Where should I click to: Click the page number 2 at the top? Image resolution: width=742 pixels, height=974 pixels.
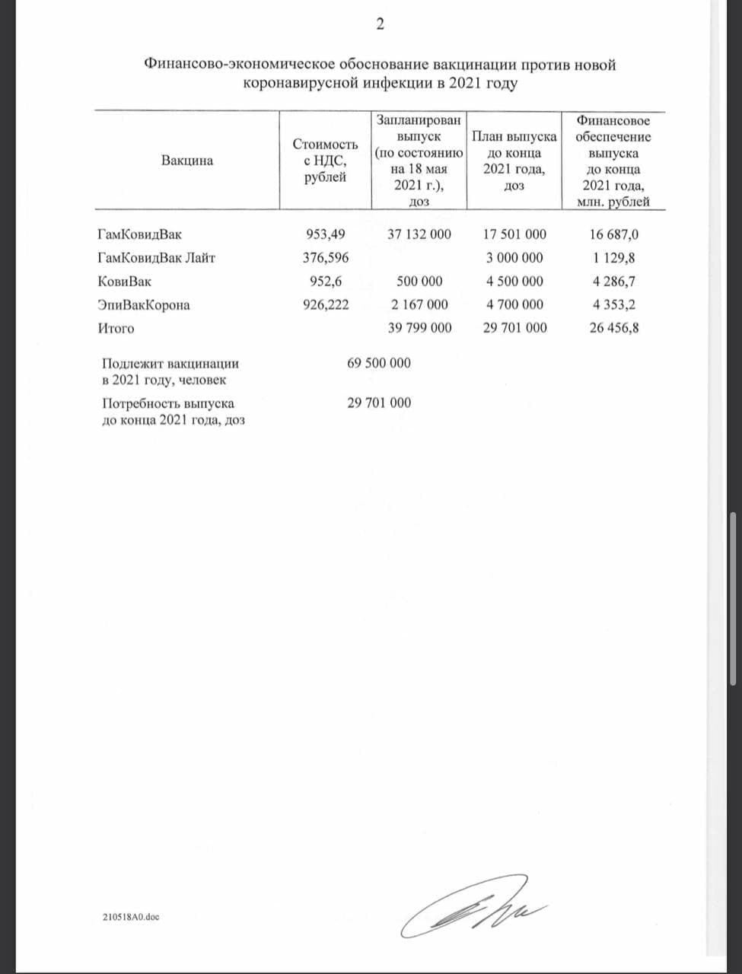(381, 24)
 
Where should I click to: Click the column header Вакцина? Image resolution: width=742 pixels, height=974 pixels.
(187, 161)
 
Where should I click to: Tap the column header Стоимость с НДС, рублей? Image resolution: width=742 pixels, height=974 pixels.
(325, 161)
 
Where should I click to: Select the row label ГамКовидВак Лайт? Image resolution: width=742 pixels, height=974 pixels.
(157, 258)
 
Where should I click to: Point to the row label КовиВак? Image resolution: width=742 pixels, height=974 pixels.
(125, 282)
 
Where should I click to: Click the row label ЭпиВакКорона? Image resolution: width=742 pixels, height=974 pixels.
(144, 305)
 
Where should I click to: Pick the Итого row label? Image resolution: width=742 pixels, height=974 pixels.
(116, 329)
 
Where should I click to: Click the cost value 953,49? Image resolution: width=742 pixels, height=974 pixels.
(325, 234)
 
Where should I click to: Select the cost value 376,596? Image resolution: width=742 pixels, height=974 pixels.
(326, 258)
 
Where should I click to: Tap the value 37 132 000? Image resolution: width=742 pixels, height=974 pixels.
(419, 234)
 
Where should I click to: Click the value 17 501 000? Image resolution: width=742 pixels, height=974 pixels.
(514, 234)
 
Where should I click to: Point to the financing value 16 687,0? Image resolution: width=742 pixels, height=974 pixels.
(613, 234)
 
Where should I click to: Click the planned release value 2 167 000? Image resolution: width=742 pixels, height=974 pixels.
(419, 304)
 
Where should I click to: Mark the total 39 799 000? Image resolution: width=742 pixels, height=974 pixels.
(419, 328)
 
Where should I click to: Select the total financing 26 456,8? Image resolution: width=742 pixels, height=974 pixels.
(613, 328)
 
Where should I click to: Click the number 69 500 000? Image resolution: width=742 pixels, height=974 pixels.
(379, 363)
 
